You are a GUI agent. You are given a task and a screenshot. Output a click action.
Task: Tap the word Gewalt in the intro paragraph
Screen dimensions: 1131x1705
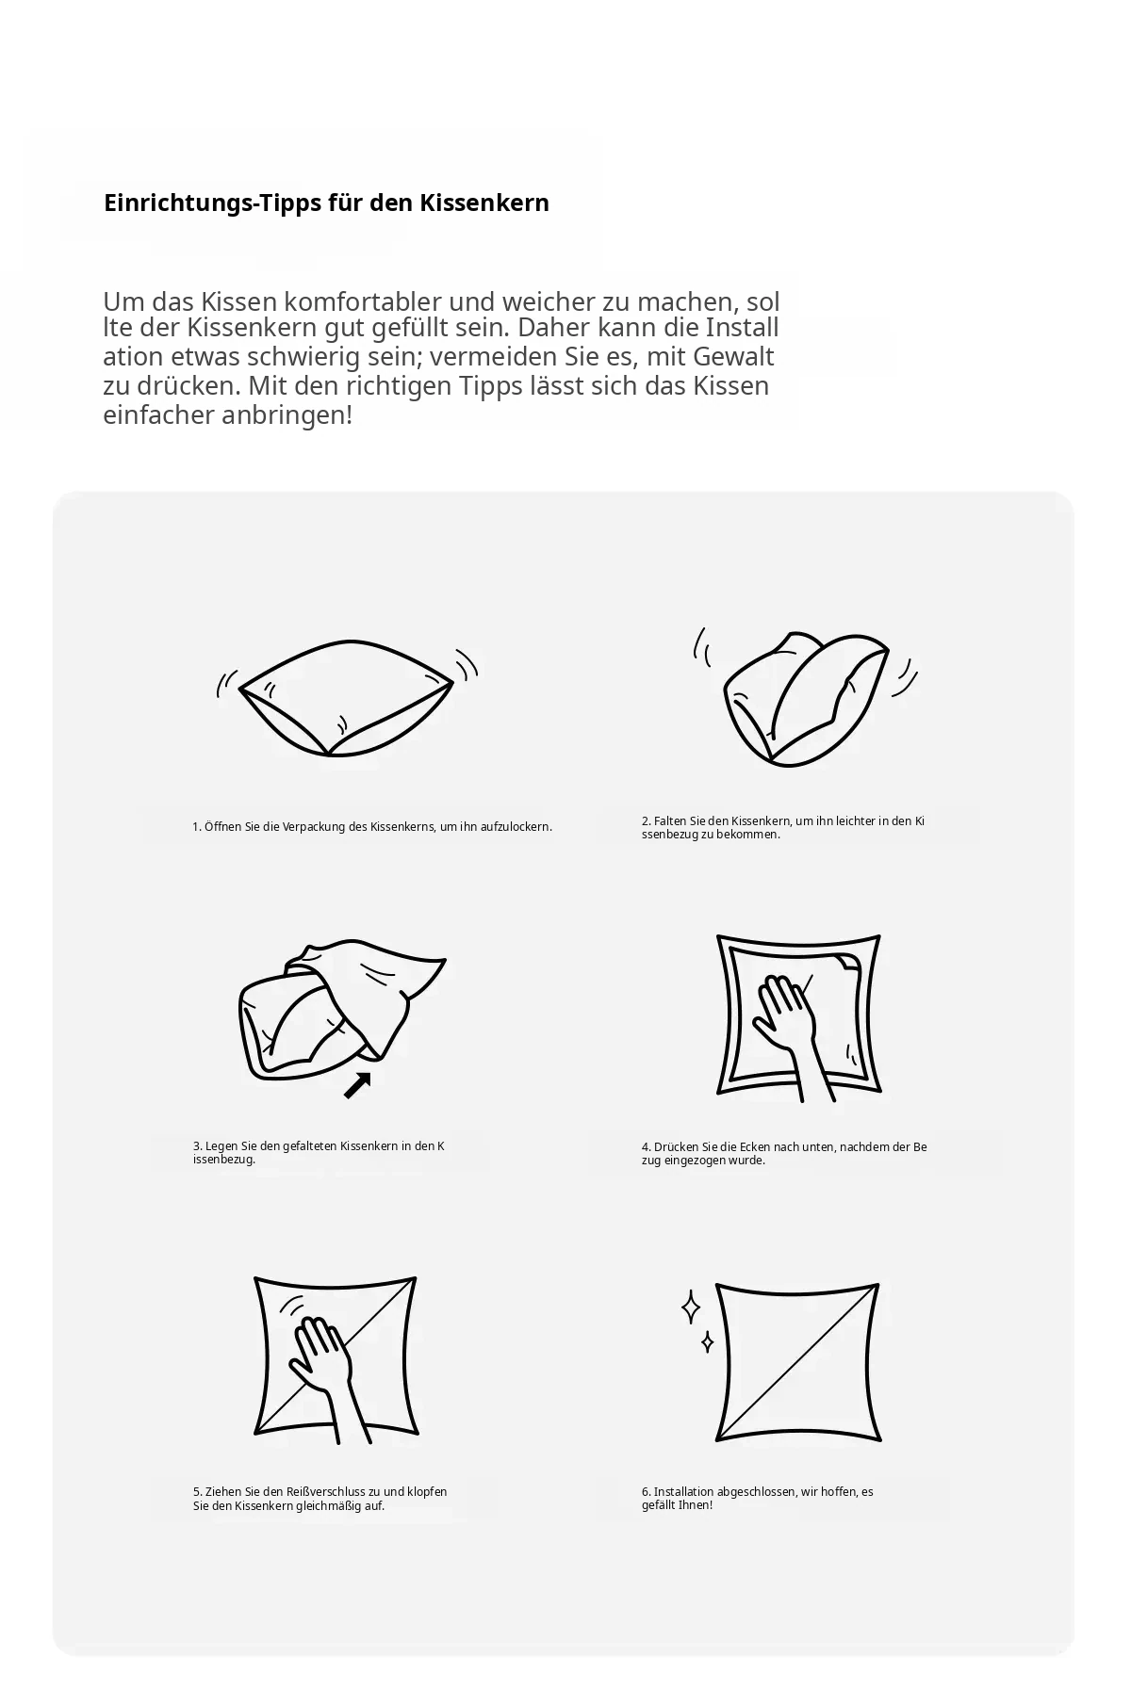coord(733,357)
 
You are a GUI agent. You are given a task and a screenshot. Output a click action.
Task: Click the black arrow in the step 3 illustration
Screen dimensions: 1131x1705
coord(356,1085)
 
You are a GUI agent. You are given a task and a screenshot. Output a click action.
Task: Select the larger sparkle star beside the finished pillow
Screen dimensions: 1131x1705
coord(691,1307)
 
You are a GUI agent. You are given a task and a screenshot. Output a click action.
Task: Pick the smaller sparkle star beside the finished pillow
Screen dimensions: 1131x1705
coord(707,1341)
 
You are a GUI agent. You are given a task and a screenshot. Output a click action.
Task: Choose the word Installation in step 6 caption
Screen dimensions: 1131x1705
coord(684,1492)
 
